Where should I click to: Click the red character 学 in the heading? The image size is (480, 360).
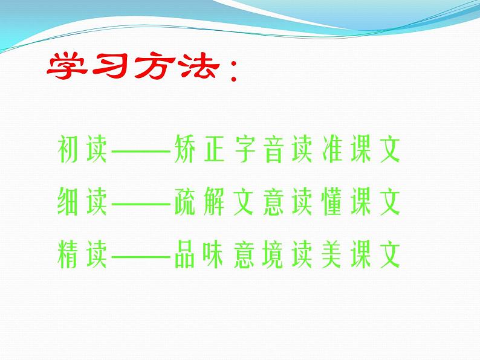tap(67, 68)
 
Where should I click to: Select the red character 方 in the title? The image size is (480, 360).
tap(151, 68)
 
